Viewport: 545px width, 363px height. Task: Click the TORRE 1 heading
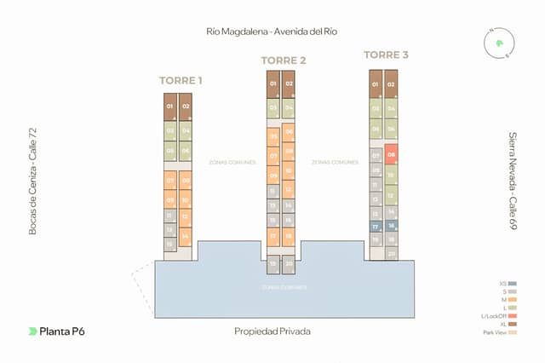pos(181,81)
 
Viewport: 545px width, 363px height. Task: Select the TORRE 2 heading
pos(283,60)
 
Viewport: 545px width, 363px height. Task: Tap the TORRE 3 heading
pos(386,55)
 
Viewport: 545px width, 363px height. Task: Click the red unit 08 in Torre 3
pos(392,155)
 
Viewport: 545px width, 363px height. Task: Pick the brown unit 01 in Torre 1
pos(170,107)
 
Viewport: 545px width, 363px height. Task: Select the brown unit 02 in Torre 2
pos(289,84)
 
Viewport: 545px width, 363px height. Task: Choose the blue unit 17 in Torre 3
pos(375,227)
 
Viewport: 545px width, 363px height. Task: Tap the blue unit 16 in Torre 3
pos(392,226)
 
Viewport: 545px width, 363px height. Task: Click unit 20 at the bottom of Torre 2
pos(289,264)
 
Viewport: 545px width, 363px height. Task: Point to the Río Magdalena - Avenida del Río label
pos(272,32)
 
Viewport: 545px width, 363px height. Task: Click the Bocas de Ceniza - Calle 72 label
pos(32,181)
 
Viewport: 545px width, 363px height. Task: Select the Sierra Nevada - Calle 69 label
pos(513,181)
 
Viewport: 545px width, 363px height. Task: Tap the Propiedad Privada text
pos(272,331)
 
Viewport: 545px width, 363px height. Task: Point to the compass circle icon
pos(498,43)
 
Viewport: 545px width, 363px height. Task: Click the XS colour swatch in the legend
pos(513,284)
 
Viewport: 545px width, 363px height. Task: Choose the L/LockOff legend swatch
pos(513,316)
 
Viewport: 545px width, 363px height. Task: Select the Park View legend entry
pos(513,332)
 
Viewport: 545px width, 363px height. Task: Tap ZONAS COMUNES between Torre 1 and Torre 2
pos(232,162)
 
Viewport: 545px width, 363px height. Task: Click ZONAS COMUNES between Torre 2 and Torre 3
pos(334,162)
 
